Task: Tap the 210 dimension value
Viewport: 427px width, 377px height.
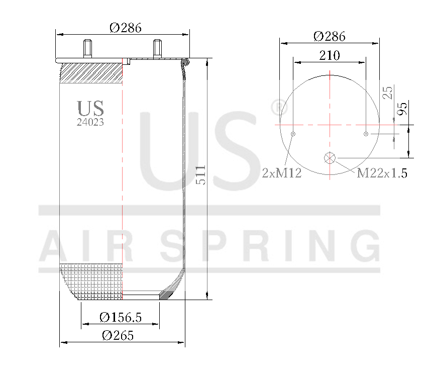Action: click(x=330, y=55)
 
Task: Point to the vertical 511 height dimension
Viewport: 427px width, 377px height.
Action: click(x=200, y=175)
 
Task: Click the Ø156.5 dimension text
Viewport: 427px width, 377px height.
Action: click(x=121, y=317)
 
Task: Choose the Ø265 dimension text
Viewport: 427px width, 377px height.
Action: click(x=118, y=336)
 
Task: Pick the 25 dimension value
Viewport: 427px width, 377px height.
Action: click(x=387, y=92)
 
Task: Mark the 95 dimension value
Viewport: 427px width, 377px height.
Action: click(x=402, y=108)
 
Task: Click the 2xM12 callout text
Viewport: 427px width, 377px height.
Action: click(x=282, y=173)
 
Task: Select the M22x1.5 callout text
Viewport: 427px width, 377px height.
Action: click(x=382, y=173)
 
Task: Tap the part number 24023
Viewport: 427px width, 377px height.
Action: click(x=90, y=122)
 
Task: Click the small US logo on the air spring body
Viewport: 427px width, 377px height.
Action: click(x=90, y=108)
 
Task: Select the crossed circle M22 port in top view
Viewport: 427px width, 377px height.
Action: click(x=330, y=158)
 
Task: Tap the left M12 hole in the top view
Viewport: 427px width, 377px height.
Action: click(x=293, y=134)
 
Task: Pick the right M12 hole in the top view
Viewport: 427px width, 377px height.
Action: click(x=366, y=134)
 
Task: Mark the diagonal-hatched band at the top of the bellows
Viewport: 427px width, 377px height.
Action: click(x=91, y=73)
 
